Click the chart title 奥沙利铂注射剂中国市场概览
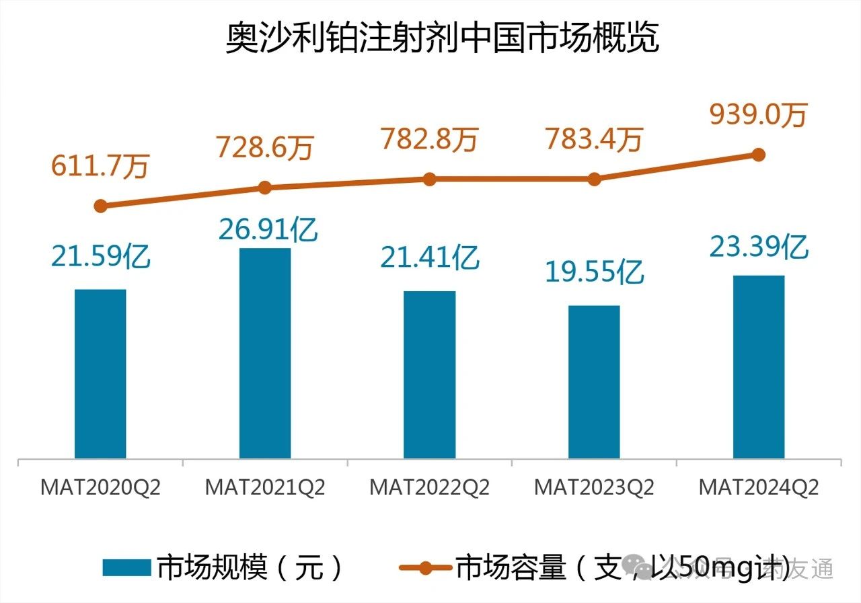[x=441, y=39]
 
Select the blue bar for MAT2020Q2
[x=100, y=374]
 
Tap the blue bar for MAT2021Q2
[x=265, y=354]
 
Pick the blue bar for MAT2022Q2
[x=429, y=374]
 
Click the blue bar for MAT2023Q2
[x=594, y=382]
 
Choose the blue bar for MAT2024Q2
[x=758, y=367]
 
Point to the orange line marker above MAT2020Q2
[x=101, y=206]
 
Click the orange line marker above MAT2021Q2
[x=265, y=188]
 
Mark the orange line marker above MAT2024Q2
[x=758, y=155]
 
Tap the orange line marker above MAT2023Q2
[x=594, y=179]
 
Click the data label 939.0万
[x=757, y=115]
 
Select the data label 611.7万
[x=100, y=167]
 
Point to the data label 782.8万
[x=429, y=139]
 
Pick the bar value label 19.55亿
[x=595, y=272]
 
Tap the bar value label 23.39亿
[x=759, y=247]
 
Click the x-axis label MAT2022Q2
[x=429, y=487]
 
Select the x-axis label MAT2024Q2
[x=758, y=487]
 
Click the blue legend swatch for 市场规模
[x=126, y=568]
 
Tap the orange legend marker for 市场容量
[x=424, y=568]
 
